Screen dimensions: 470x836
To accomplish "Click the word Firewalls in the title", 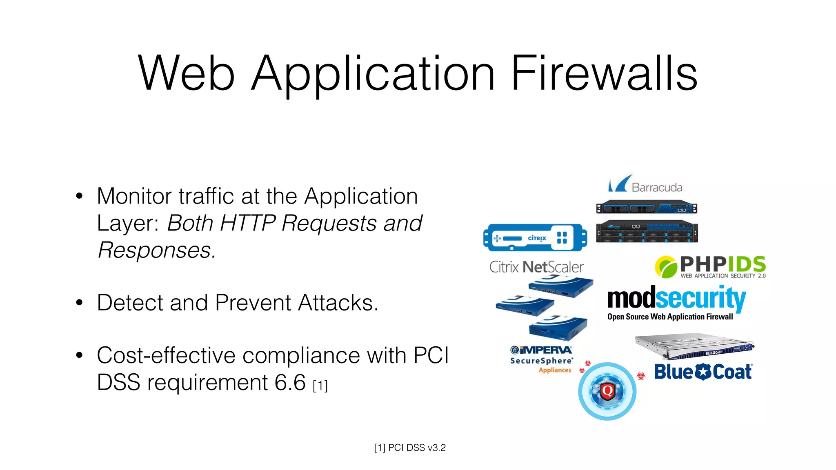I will point(604,73).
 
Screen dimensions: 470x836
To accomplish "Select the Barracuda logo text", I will point(657,187).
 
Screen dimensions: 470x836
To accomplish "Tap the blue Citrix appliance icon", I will point(535,237).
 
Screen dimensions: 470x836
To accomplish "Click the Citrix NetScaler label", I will point(536,267).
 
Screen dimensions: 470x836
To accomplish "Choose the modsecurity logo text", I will point(676,298).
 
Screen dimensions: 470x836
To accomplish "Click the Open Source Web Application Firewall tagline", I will point(670,317).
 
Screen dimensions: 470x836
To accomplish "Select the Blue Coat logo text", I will point(703,372).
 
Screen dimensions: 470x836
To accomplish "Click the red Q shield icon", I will point(607,391).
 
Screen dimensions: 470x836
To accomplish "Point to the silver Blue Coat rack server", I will point(694,346).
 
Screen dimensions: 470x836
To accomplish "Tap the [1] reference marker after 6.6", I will point(320,386).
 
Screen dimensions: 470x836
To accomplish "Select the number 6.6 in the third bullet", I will point(290,382).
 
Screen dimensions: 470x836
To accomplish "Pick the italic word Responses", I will point(156,250).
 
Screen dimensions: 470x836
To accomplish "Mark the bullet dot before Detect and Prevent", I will point(79,303).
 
